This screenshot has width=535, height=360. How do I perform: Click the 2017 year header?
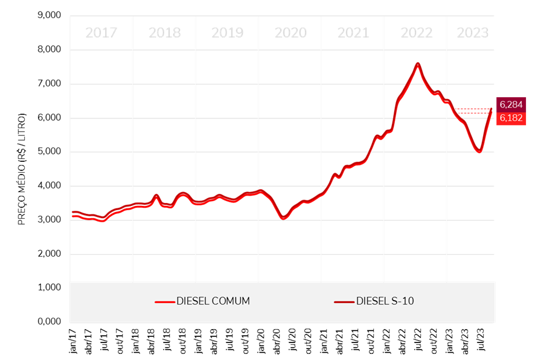point(101,33)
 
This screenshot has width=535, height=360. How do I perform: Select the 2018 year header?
point(164,33)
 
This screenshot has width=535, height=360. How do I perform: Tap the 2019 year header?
point(227,33)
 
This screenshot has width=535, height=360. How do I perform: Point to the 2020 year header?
point(290,33)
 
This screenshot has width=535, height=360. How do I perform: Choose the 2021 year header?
point(353,33)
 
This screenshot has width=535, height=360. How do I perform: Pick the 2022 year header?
point(417,33)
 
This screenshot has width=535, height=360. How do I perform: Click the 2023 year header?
point(472,33)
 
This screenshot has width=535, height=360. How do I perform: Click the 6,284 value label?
point(511,104)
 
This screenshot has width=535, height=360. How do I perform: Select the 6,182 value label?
point(511,118)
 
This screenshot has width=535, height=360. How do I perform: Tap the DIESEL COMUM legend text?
point(213,301)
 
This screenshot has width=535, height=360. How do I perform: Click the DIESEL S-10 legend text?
point(385,301)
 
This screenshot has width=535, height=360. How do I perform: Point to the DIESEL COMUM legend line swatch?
point(164,301)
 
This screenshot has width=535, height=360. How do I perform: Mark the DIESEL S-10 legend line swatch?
point(344,301)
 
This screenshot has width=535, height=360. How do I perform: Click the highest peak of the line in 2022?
point(417,63)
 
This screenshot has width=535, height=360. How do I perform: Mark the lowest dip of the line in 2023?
point(479,150)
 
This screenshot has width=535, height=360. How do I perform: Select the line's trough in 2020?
point(283,217)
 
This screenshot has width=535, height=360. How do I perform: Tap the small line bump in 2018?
point(156,196)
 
